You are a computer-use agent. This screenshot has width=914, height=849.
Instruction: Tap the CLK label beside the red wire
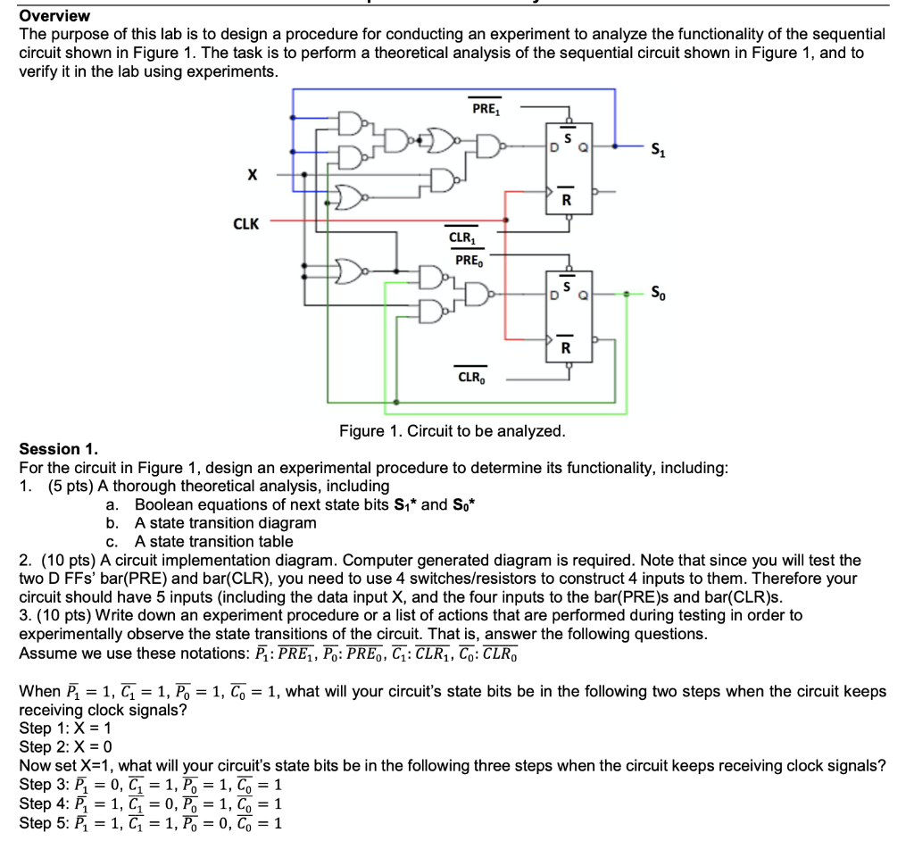(247, 224)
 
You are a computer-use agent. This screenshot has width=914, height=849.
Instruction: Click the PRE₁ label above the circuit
(486, 110)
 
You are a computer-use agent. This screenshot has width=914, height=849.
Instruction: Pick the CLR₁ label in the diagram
(462, 238)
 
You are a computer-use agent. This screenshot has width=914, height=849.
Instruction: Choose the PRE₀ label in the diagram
(468, 261)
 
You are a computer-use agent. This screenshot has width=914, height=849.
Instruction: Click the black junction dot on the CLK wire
(507, 220)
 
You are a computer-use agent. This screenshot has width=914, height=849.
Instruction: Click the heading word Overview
(54, 16)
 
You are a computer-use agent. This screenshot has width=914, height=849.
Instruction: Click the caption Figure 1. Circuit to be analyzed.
(452, 431)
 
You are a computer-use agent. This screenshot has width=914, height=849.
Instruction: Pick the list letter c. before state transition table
(112, 541)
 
